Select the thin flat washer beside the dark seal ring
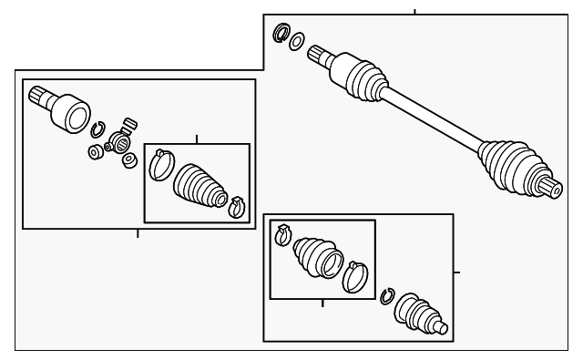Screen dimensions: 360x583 296,40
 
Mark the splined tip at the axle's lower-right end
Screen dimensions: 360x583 550,189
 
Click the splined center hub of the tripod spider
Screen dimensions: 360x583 118,143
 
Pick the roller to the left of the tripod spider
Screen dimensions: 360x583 94,150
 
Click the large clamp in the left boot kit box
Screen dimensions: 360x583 161,164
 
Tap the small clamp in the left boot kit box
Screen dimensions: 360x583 237,207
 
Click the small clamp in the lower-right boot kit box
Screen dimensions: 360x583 282,235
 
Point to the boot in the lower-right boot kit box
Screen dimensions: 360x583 315,256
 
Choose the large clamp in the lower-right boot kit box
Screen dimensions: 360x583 353,277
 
